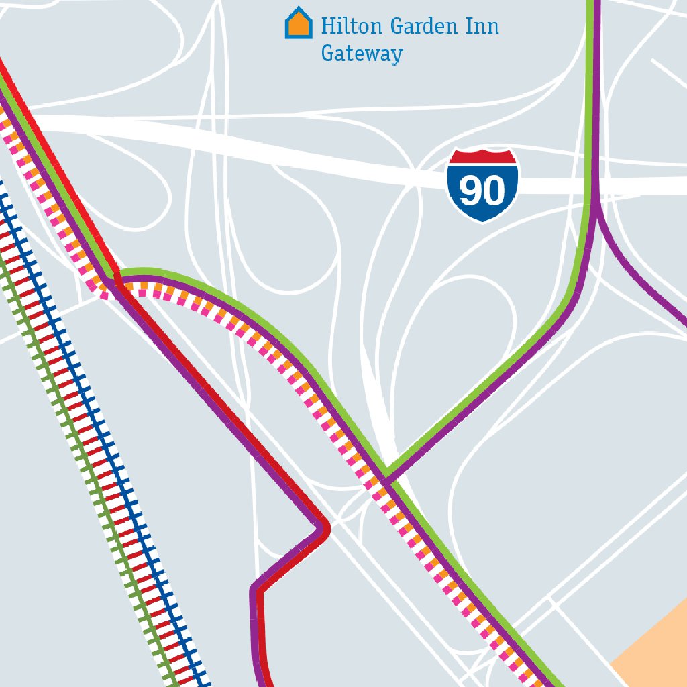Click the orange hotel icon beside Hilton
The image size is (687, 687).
click(299, 24)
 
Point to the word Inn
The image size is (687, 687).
click(482, 26)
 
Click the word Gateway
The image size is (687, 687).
click(362, 54)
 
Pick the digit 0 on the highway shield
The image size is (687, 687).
click(494, 192)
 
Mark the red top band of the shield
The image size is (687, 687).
click(482, 158)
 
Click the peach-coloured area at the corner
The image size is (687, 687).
click(654, 644)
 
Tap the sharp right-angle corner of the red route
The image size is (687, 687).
click(325, 527)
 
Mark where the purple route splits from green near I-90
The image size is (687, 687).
click(594, 205)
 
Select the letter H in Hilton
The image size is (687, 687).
click(327, 26)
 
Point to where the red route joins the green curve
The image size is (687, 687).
click(118, 276)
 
